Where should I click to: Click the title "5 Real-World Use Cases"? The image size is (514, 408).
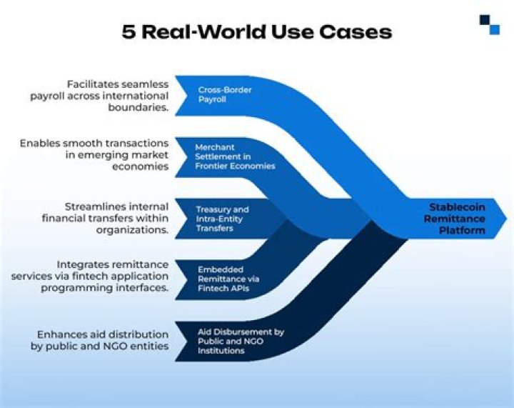[x=256, y=32]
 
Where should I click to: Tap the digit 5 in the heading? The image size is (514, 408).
[x=129, y=32]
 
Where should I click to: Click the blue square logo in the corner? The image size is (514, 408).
[x=490, y=24]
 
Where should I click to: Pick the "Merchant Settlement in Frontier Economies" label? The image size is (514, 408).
[x=234, y=156]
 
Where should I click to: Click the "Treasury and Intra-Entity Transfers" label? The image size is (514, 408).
[x=222, y=219]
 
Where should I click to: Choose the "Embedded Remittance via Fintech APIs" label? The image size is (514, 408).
[x=228, y=279]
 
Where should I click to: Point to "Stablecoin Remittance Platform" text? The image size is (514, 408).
[x=457, y=218]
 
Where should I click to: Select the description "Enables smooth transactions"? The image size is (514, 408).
[x=94, y=154]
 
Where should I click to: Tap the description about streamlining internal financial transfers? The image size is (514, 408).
[x=100, y=217]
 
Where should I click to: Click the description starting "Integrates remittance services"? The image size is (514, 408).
[x=90, y=276]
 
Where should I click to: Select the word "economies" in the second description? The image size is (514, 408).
[x=143, y=166]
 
